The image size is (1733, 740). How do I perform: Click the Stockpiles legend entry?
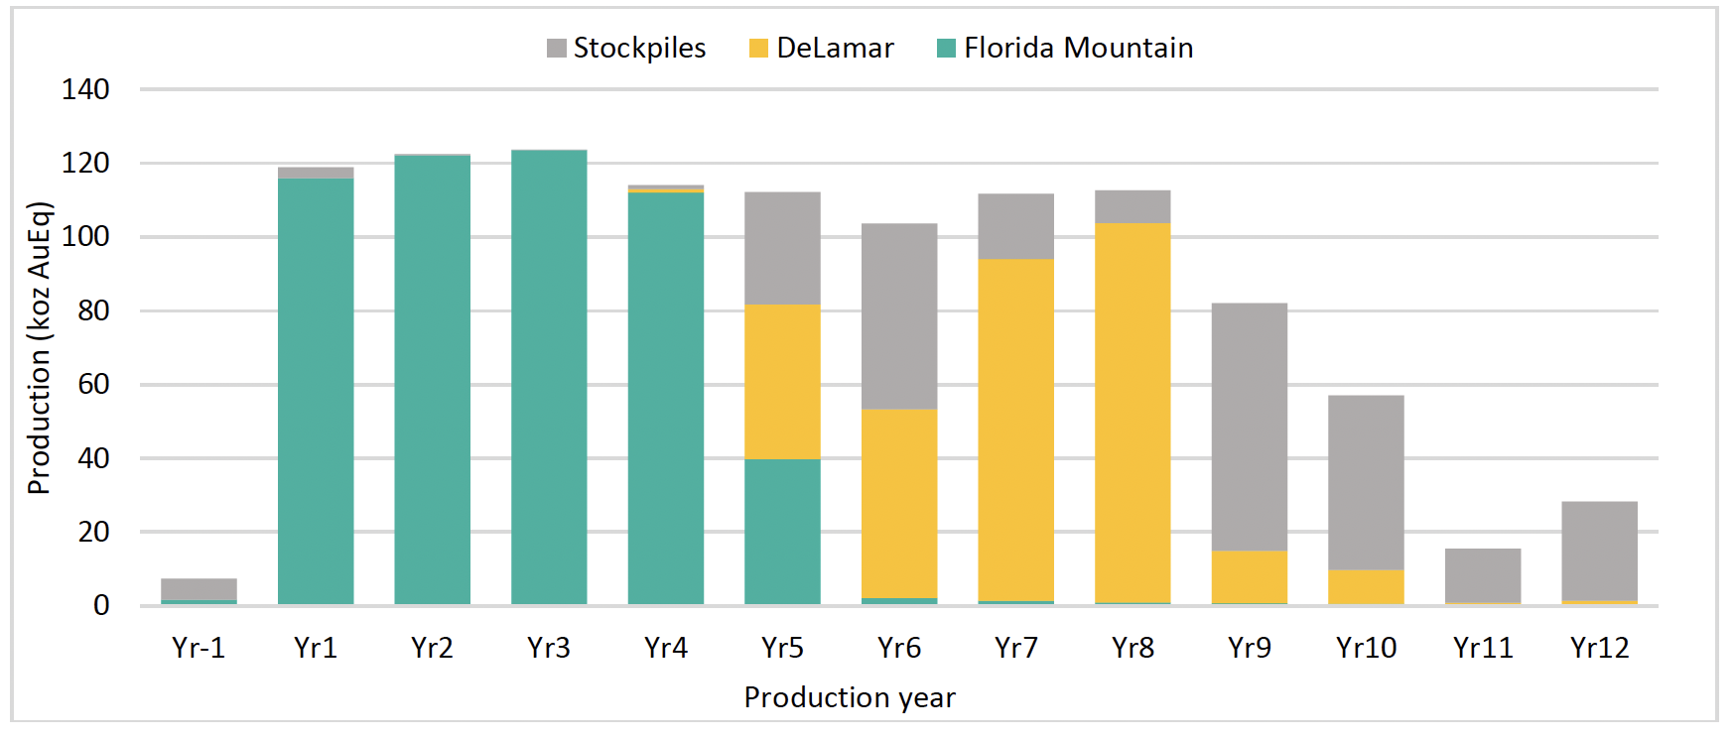tap(626, 48)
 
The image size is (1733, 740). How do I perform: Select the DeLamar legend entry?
tap(822, 48)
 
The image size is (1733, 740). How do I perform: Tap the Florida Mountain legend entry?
tap(1065, 48)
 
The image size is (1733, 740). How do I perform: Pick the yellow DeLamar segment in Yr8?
tap(1133, 413)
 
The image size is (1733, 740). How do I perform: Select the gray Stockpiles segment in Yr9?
tap(1250, 427)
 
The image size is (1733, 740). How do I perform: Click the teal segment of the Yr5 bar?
tap(782, 532)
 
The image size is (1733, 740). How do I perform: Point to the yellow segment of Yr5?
tap(782, 382)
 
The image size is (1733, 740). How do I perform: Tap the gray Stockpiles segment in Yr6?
tap(899, 316)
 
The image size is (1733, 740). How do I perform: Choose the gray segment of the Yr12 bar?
tap(1599, 551)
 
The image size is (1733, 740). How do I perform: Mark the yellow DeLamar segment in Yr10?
tap(1366, 586)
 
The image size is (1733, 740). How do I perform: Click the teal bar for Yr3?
tap(549, 377)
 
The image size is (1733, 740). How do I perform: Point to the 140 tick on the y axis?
tap(85, 89)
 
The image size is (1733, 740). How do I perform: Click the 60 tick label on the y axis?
tap(93, 384)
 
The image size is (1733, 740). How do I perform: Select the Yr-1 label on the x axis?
tap(199, 648)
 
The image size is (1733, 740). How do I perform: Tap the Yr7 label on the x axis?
tap(1015, 648)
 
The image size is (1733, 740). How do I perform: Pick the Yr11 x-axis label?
tap(1483, 648)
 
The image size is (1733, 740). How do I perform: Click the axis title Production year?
tap(850, 697)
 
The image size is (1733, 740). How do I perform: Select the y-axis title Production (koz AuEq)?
tap(39, 347)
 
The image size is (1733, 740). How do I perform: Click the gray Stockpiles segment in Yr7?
tap(1015, 226)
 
